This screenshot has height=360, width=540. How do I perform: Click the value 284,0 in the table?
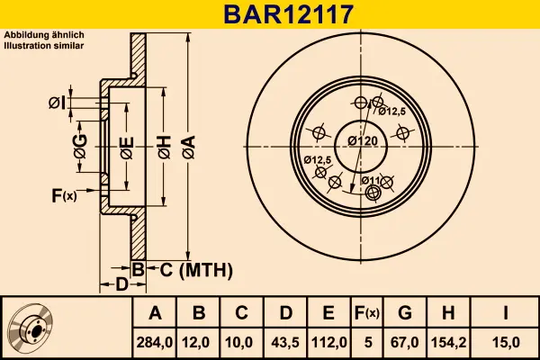155,342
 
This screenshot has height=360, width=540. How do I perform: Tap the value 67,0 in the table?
404,342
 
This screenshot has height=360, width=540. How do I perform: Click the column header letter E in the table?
328,313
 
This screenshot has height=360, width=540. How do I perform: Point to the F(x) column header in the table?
368,313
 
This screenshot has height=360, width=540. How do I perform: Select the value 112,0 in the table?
328,342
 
